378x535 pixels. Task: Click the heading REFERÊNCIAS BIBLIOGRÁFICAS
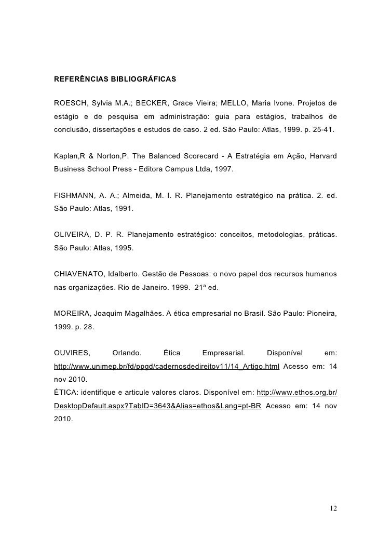[x=115, y=80]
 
